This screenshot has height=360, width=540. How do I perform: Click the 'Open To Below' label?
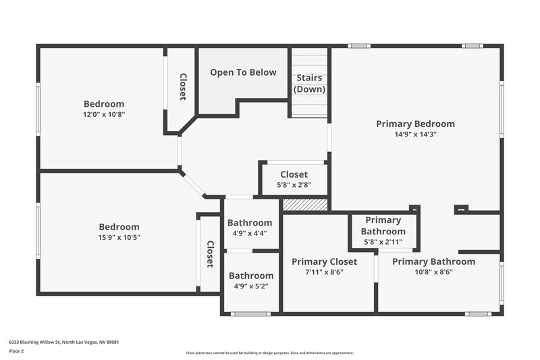coord(243,72)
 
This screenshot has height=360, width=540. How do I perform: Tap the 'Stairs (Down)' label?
coord(310,84)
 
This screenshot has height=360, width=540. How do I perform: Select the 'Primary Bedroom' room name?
coord(415,124)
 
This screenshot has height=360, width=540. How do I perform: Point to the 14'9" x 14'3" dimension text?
coord(415,134)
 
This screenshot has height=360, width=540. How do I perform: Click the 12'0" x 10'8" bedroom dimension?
coord(104,114)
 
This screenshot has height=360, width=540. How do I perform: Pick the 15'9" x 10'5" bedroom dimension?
coord(119,237)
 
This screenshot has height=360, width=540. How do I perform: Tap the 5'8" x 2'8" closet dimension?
coord(294,185)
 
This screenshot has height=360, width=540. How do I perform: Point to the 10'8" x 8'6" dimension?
coord(433,272)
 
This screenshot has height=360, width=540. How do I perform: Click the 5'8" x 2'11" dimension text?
coord(383,241)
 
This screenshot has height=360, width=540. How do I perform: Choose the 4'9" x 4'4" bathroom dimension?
coord(250,233)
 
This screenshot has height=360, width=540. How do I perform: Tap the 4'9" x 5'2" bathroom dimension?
coord(251,286)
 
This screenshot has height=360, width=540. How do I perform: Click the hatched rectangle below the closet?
coord(304,204)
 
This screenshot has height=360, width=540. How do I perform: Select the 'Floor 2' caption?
coord(16,351)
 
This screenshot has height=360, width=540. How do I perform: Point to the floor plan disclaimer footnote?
coord(269,353)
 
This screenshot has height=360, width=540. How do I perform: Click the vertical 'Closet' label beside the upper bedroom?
coord(182,86)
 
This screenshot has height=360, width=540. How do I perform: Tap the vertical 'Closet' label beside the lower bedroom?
coord(210,254)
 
